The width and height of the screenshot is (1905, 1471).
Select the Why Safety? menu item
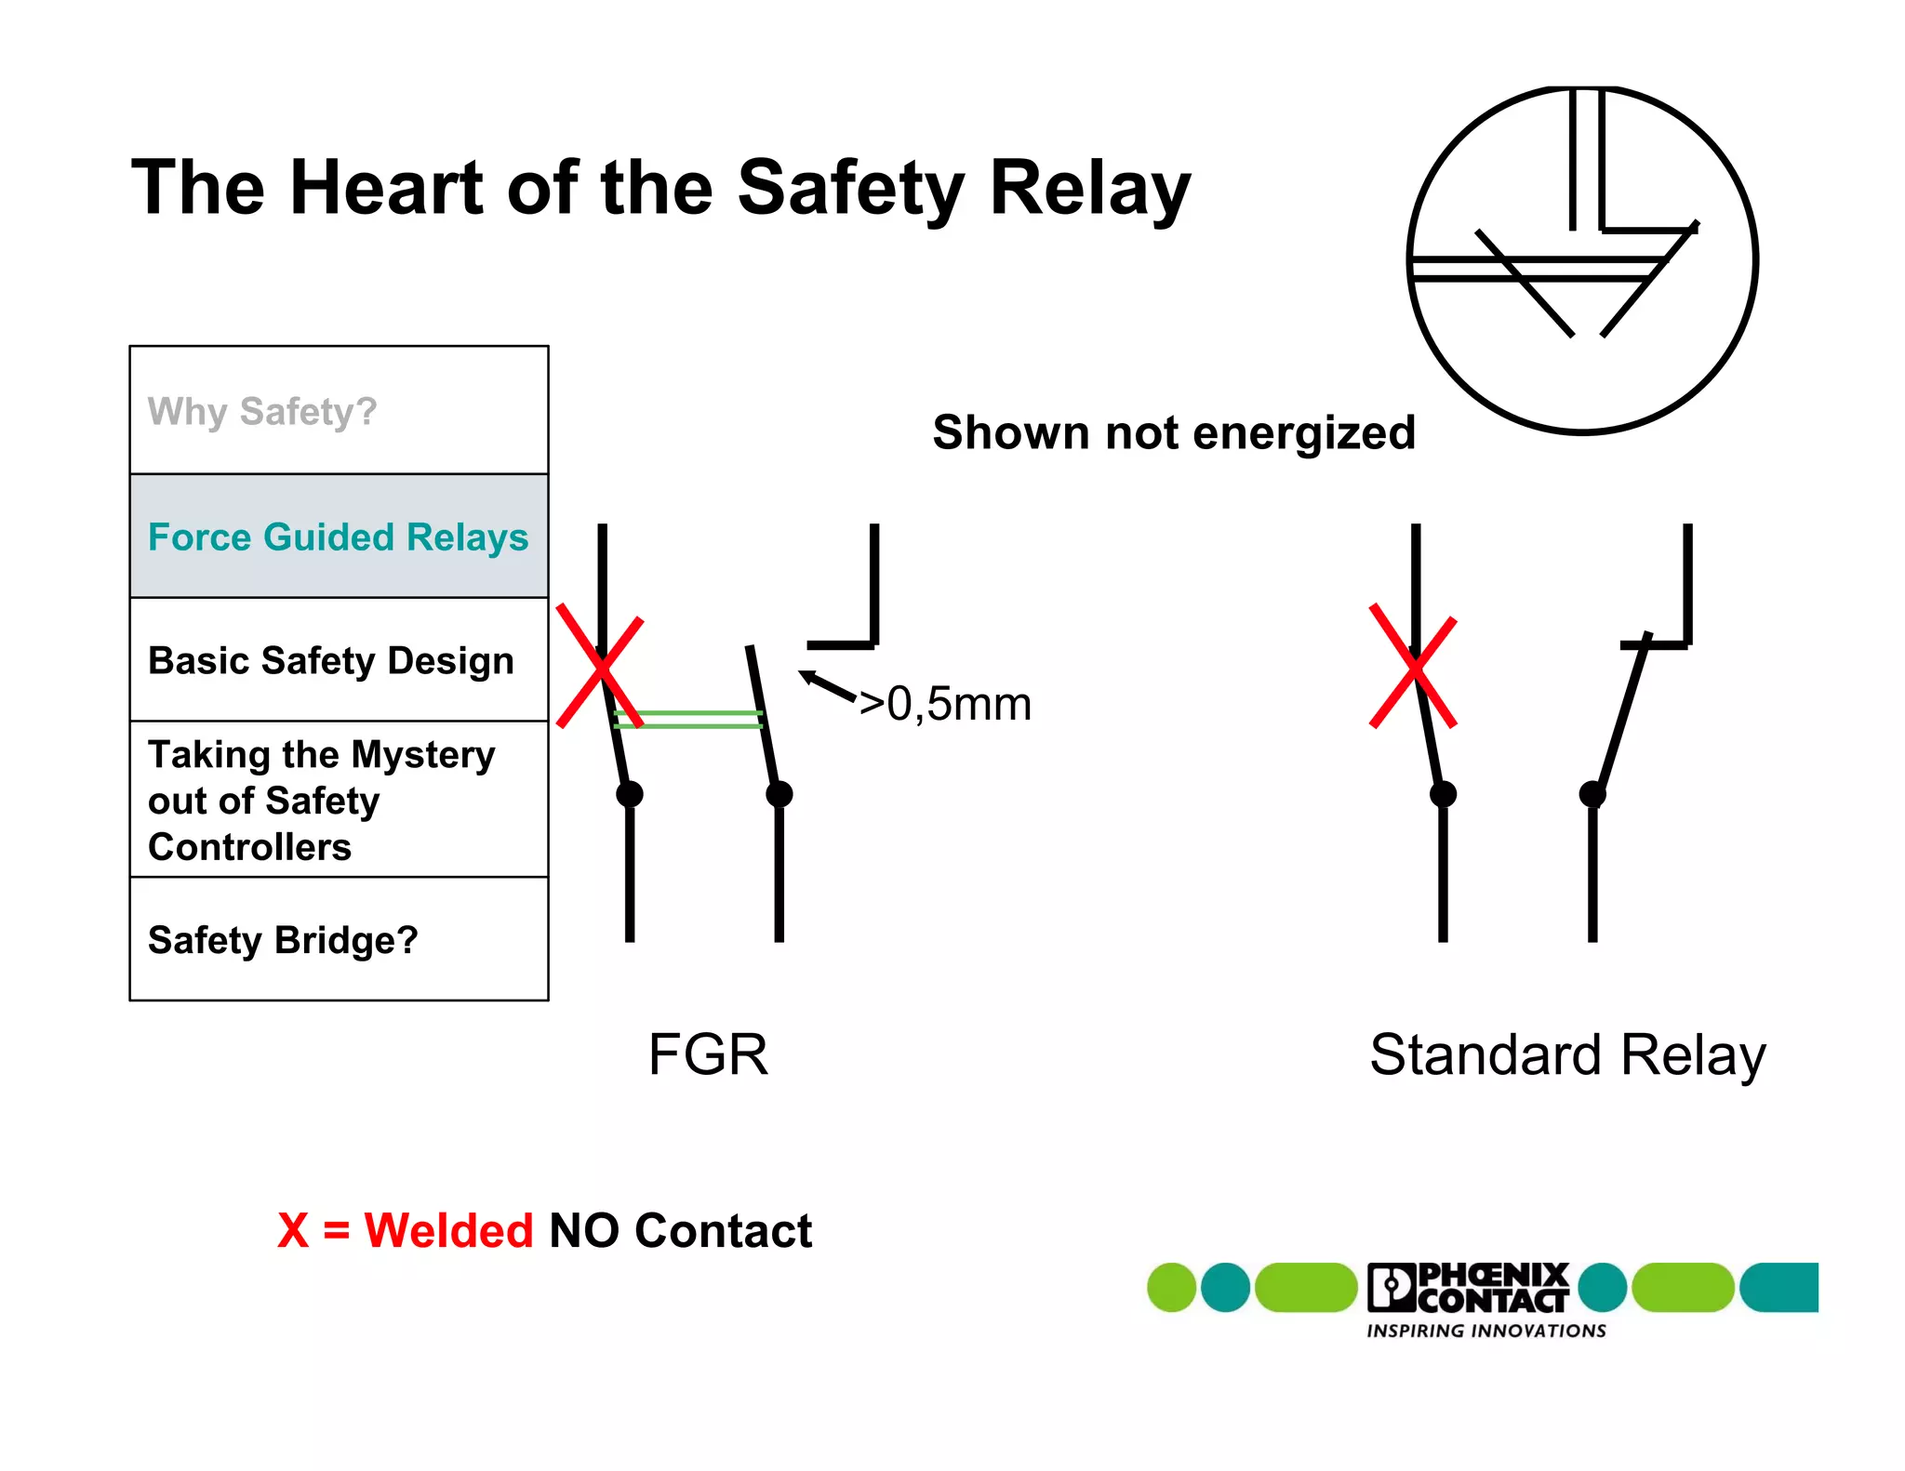262,411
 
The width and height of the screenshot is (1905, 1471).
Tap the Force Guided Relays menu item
338,537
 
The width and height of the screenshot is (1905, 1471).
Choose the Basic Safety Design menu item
331,661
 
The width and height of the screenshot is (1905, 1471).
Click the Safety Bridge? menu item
283,940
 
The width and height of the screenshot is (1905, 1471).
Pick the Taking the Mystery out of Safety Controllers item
321,801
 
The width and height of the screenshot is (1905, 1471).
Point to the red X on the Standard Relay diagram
1413,667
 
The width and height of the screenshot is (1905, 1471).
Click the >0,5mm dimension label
945,704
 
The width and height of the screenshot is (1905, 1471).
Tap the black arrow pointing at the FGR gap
827,686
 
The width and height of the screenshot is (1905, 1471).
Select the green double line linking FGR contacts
688,719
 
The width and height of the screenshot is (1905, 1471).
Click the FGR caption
708,1055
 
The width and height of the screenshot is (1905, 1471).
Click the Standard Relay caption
1567,1055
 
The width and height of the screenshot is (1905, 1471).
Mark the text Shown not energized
1174,433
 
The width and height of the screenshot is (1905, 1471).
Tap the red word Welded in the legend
448,1231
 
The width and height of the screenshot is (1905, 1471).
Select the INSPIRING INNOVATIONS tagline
1485,1332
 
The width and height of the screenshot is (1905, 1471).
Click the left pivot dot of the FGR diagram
630,794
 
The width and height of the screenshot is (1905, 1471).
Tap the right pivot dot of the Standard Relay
1592,794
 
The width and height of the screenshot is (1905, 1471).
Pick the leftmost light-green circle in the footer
1171,1288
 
